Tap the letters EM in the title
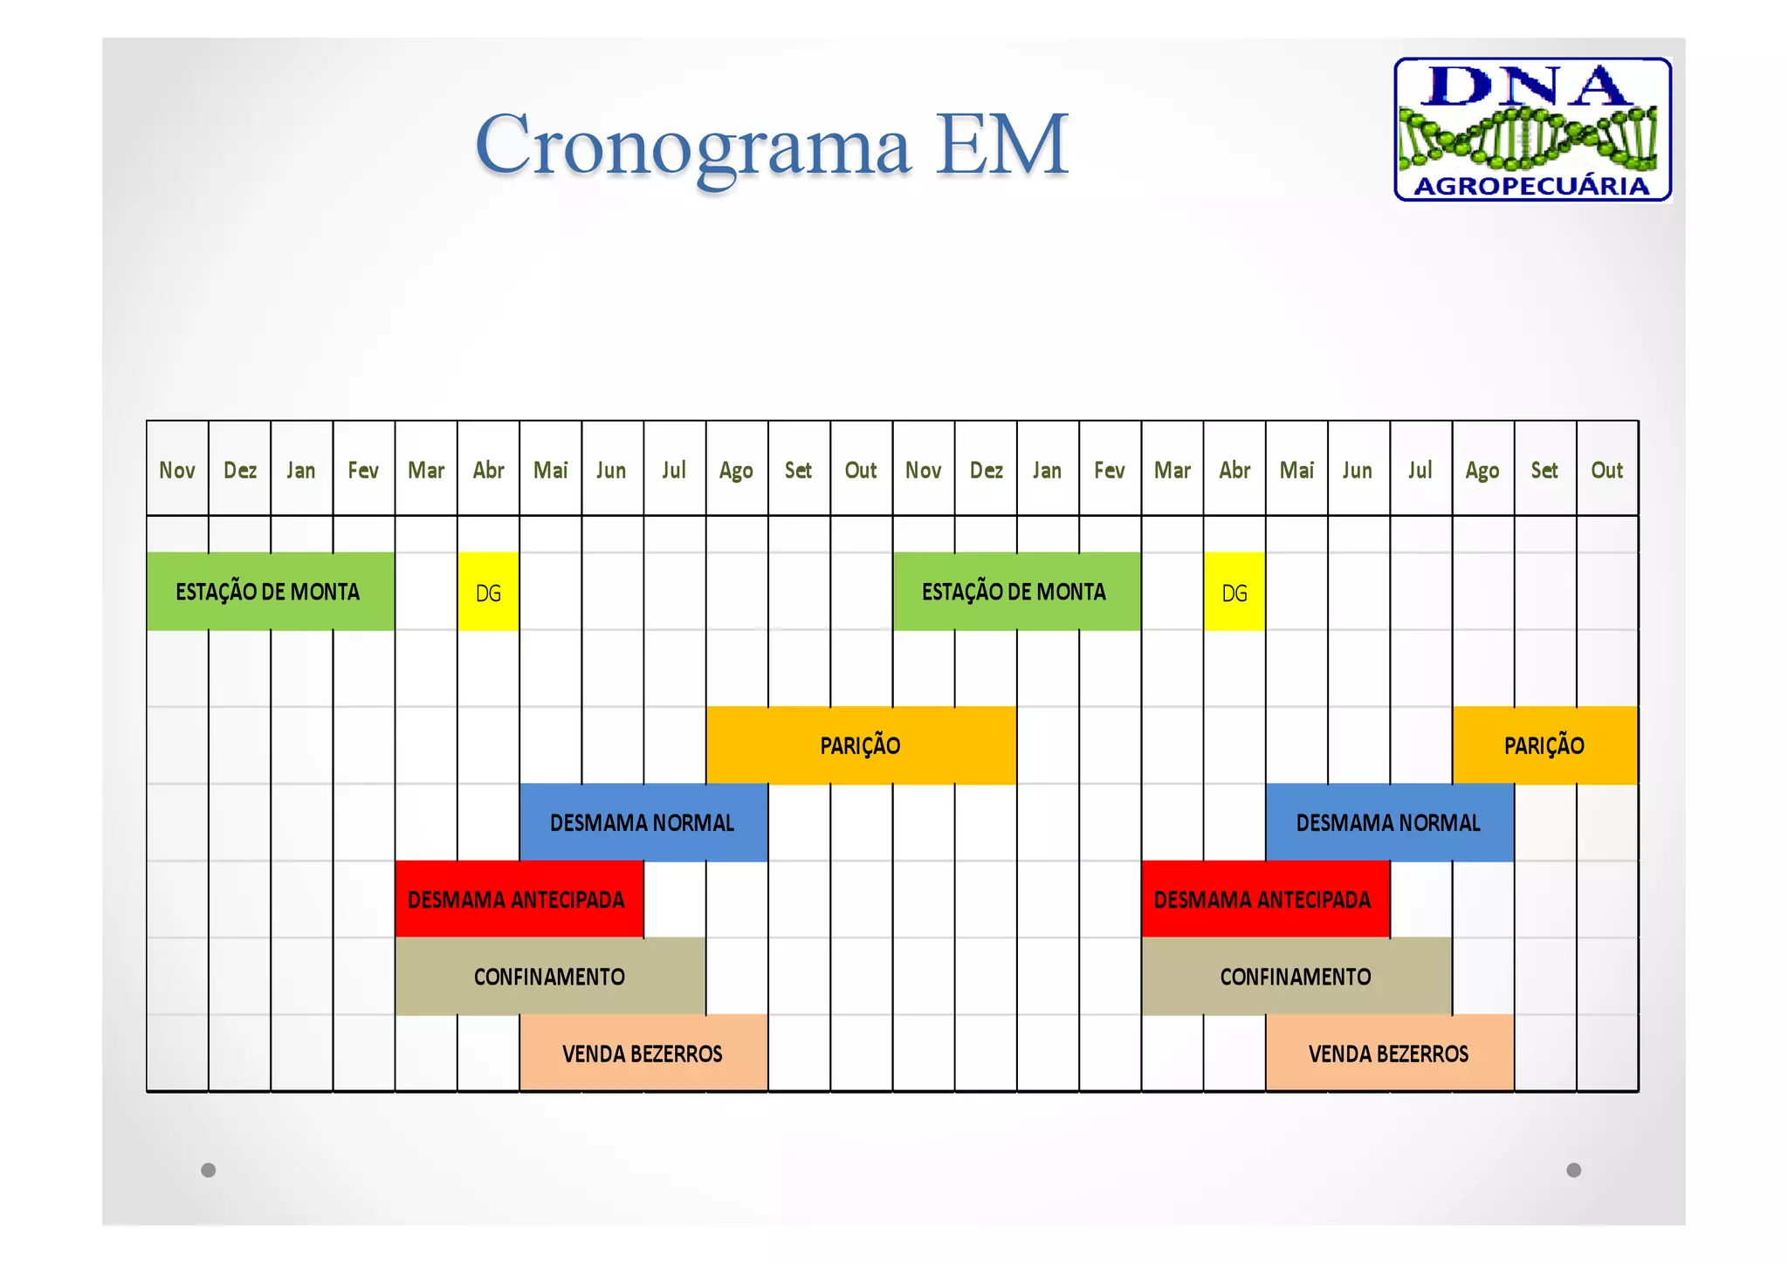tap(1001, 144)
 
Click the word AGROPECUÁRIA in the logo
tap(1531, 186)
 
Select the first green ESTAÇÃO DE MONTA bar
tap(270, 591)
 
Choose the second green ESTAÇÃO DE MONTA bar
tap(1015, 591)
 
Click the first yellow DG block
tap(488, 592)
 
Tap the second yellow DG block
tap(1234, 592)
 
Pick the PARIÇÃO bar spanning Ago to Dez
tap(860, 745)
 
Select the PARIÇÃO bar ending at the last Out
tap(1544, 745)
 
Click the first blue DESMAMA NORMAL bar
tap(643, 822)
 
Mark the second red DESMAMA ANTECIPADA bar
tap(1264, 899)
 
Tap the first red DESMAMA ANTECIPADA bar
tap(519, 899)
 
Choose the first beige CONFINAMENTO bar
tap(549, 976)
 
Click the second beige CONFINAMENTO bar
tap(1296, 976)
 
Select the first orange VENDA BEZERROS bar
tap(643, 1053)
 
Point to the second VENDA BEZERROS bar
tap(1388, 1053)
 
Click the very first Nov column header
tap(177, 470)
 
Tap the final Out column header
tap(1606, 470)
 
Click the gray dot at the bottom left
tap(208, 1170)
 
